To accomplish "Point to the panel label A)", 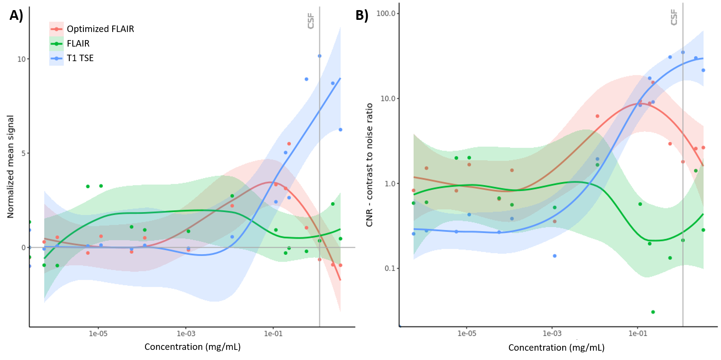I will click(x=17, y=15).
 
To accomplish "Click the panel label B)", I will click(x=362, y=15).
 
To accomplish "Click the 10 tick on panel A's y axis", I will click(x=21, y=59).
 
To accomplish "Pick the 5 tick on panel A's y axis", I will click(x=23, y=153).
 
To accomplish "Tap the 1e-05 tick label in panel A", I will click(x=98, y=334).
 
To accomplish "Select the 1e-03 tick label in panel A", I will click(x=186, y=334).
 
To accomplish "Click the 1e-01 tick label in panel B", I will click(x=638, y=334).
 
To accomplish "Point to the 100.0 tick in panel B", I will click(x=386, y=13).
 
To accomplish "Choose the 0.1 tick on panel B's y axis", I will click(x=390, y=268).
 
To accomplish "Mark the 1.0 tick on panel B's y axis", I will click(x=390, y=184).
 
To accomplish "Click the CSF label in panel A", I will click(x=311, y=21).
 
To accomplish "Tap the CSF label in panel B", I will click(x=674, y=17).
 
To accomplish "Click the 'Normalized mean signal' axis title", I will click(x=11, y=166).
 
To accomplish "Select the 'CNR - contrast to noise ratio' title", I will click(x=369, y=165).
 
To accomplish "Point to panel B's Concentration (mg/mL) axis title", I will click(x=556, y=347).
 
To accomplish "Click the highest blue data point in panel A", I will click(x=320, y=56).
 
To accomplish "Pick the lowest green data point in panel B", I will click(x=653, y=312).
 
